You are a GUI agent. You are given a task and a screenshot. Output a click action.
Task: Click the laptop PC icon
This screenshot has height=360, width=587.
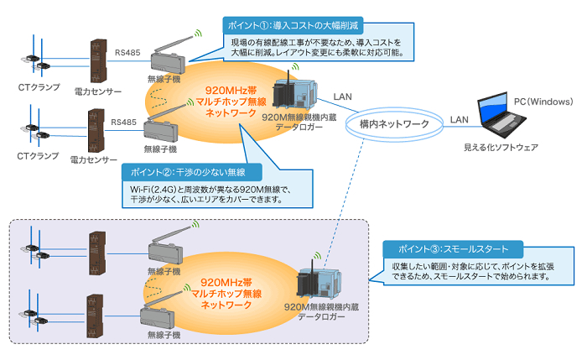[504, 117]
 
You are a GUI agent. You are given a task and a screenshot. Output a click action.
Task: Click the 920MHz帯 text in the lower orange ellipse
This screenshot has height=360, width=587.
[225, 283]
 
